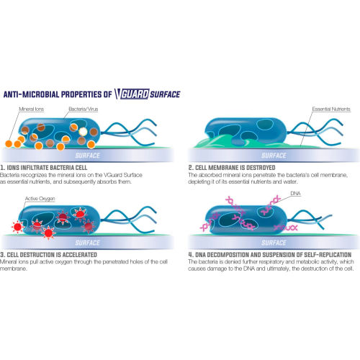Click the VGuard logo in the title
click(x=132, y=94)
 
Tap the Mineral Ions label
click(x=32, y=109)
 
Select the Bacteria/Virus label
click(x=84, y=109)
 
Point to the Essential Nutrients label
click(x=331, y=109)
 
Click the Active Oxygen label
click(x=40, y=199)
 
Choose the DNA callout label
click(x=295, y=194)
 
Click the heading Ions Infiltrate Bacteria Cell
click(x=44, y=168)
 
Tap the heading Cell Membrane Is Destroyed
click(x=232, y=168)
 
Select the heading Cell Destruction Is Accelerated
click(x=48, y=255)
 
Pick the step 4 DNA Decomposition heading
click(x=270, y=255)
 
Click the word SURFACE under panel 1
click(x=88, y=156)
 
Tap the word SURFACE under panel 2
click(x=274, y=156)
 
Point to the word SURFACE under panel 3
click(x=88, y=243)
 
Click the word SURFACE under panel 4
click(x=274, y=243)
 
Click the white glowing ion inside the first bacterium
click(x=83, y=132)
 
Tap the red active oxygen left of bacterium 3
click(x=17, y=227)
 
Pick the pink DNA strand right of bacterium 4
click(x=286, y=228)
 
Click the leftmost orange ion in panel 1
click(x=9, y=144)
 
